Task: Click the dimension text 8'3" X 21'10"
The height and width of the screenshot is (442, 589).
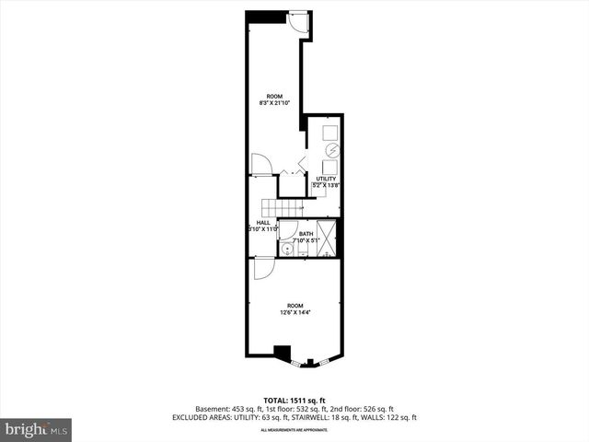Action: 274,104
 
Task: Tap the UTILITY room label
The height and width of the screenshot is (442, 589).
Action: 326,178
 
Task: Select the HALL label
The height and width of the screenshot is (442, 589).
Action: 263,222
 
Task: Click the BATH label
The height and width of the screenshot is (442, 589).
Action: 306,234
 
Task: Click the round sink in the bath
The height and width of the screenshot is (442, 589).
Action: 286,249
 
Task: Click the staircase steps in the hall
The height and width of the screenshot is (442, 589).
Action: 274,207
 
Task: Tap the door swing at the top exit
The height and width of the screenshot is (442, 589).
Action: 299,23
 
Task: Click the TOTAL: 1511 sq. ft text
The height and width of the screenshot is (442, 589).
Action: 294,401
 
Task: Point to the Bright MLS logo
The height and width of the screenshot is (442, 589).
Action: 36,429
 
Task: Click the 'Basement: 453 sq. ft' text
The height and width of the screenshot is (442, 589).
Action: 226,409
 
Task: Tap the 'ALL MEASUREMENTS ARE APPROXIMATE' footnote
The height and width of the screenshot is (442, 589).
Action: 294,430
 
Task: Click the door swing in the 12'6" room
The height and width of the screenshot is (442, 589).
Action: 262,268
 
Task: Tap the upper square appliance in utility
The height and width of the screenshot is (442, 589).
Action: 330,130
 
